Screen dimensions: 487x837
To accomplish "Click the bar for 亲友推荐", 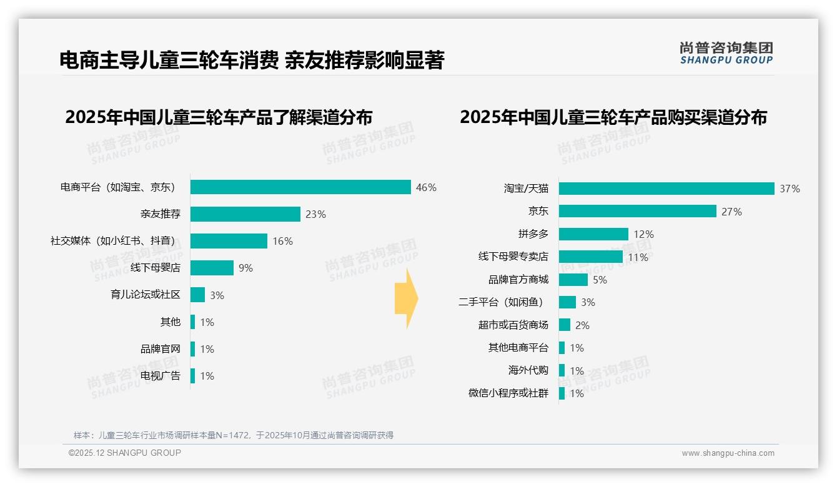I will point(245,214).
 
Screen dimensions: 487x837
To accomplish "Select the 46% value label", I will point(426,187).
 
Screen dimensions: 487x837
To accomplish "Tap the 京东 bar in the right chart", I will point(637,212).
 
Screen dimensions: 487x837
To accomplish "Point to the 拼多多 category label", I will point(533,234).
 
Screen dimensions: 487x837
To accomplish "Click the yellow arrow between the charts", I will point(406,299).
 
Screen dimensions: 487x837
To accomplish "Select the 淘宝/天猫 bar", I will point(666,189).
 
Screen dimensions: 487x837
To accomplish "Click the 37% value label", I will point(790,189).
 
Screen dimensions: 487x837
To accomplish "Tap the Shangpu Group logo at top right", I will point(726,53).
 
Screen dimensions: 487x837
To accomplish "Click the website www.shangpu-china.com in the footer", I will point(728,453).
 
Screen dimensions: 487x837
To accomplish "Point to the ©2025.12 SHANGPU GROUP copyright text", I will point(125,453).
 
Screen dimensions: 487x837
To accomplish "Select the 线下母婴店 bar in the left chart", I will point(212,268).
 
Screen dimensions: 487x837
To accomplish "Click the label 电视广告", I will point(160,376).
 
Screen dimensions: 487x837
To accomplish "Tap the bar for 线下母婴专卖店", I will point(590,257).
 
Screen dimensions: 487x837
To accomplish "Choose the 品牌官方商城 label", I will point(518,280).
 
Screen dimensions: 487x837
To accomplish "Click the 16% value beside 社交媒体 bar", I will point(282,241).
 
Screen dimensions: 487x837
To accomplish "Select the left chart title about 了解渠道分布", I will point(219,117).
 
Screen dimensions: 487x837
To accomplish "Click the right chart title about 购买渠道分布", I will point(613,117).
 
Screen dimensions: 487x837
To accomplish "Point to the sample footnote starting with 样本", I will point(234,435).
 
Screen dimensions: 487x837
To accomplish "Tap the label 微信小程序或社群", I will point(508,393).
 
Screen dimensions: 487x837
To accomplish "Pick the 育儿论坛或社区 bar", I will point(197,295).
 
